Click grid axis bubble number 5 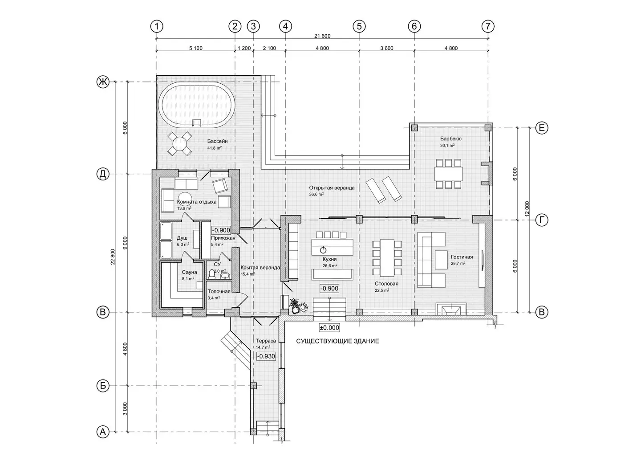coord(359,26)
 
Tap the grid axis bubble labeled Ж coord(103,82)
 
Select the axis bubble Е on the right coord(541,128)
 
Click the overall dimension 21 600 coord(322,36)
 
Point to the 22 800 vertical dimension coord(113,257)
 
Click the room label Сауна coord(189,272)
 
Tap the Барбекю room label coord(450,139)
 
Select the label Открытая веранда coord(332,188)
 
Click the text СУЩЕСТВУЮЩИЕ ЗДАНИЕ coord(337,341)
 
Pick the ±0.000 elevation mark coord(329,327)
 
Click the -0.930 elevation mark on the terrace coord(266,356)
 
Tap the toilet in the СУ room coord(212,274)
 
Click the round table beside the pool coord(179,143)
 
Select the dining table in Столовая coord(387,258)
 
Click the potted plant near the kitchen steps coord(298,306)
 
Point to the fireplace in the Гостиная coord(451,309)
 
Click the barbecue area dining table coord(448,174)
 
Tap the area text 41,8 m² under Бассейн coord(215,148)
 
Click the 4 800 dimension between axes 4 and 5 coord(322,48)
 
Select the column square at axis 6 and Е coord(414,128)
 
